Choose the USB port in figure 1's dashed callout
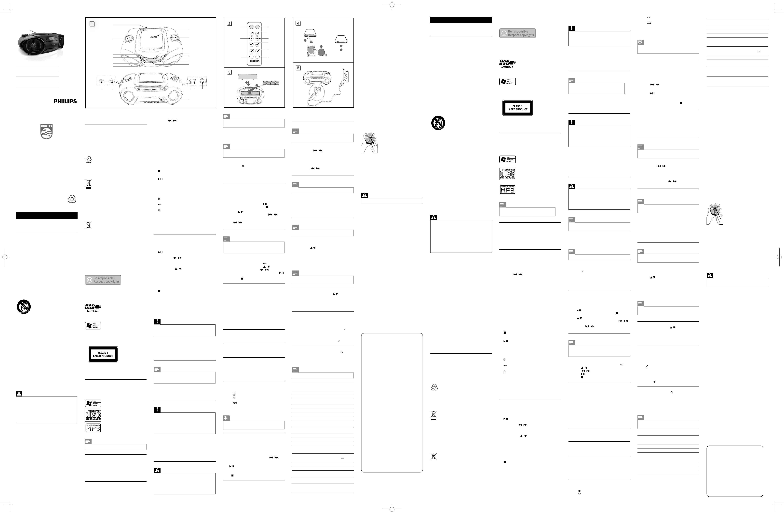112,81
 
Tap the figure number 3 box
229,72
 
